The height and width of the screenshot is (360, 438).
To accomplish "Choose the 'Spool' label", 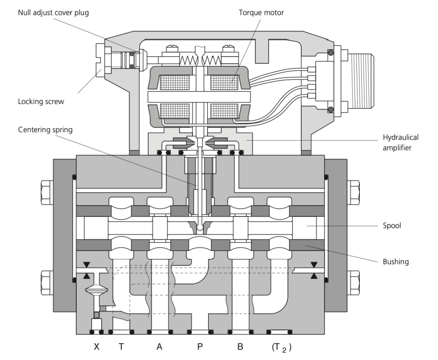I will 392,226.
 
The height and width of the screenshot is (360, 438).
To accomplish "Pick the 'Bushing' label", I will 396,262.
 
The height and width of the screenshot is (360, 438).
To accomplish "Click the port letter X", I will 96,347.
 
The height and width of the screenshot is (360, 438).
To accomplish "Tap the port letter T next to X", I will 120,347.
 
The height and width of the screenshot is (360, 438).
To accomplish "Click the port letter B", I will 240,347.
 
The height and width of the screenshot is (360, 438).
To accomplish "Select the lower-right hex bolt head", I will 354,278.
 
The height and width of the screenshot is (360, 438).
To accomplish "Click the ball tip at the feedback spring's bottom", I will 200,228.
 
